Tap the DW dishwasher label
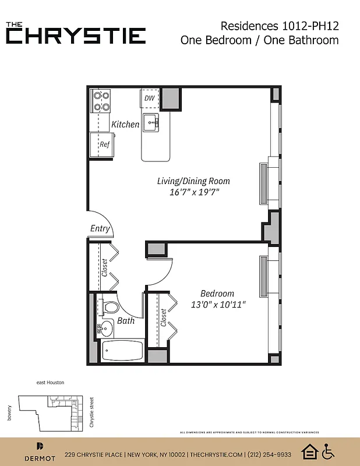(x=150, y=98)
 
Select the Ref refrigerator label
(x=104, y=144)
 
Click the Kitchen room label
(x=125, y=124)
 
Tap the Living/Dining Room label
(x=193, y=181)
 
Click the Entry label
(x=100, y=228)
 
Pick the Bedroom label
(x=217, y=294)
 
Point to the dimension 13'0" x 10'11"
(x=218, y=304)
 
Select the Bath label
(x=126, y=320)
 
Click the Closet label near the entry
(x=105, y=267)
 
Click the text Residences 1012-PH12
(x=280, y=26)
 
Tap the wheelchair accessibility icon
(x=329, y=451)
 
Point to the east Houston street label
(x=50, y=382)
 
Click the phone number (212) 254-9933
(x=269, y=454)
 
